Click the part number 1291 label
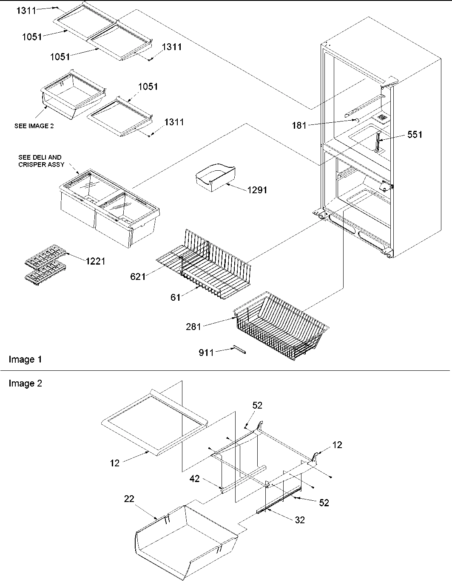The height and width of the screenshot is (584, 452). point(257,190)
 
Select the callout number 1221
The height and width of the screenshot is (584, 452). point(95,261)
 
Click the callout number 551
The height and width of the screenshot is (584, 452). point(415,135)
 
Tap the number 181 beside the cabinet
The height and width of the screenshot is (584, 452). point(300,125)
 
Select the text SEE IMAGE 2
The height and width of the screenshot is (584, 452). point(34,126)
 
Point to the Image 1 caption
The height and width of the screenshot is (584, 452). point(25,360)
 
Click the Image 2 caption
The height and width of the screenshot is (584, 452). point(25,384)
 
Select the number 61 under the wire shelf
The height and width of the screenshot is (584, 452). point(176,297)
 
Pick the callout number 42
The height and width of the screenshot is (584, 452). point(195,479)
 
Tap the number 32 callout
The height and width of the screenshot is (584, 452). point(300,520)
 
